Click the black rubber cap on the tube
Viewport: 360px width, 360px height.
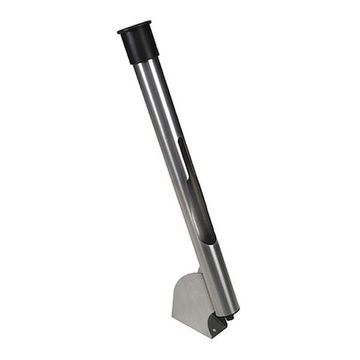coord(141,46)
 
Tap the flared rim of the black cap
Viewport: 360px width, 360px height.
coord(134,30)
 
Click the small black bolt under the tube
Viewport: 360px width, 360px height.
coord(230,318)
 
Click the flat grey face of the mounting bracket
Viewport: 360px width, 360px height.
coord(190,304)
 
